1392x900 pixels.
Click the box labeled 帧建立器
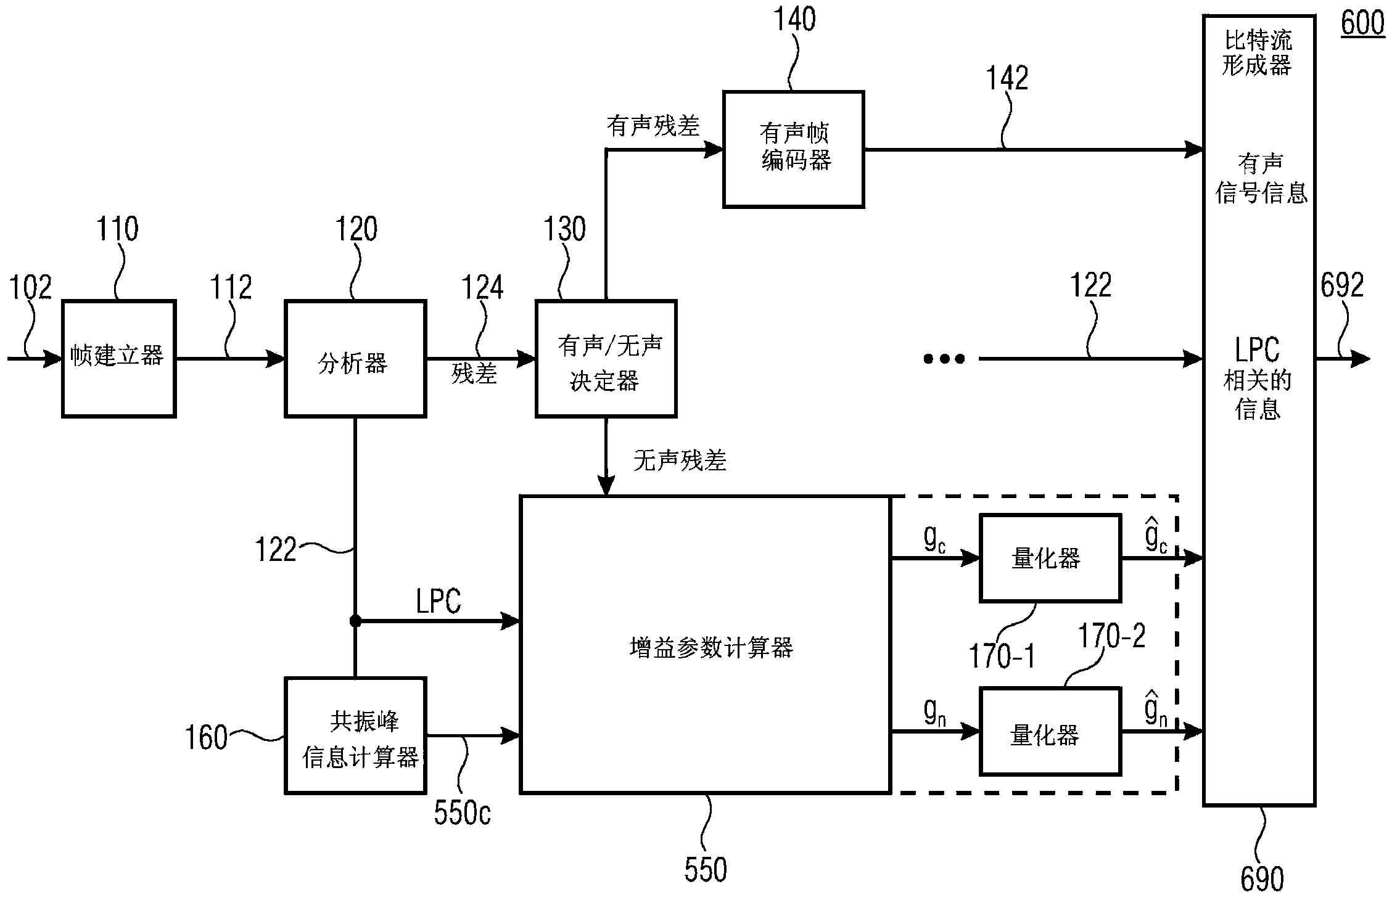pos(118,358)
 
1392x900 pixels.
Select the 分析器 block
pos(355,358)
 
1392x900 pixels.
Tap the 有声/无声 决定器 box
pos(606,358)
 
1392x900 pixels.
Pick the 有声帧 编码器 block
pos(793,149)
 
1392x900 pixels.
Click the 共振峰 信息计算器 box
pos(355,735)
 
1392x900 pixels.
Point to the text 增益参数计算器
pos(711,648)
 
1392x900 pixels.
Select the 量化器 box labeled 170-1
pos(1050,558)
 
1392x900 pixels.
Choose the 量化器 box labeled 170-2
pos(1050,732)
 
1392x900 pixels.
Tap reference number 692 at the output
pos(1341,285)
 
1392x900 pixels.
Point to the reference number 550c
pos(462,813)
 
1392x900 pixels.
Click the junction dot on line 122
pos(355,621)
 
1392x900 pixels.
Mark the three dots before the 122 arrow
pos(944,358)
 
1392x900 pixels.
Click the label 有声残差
pos(653,126)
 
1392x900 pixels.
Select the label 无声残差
pos(680,460)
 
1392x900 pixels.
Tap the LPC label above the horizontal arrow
pos(438,601)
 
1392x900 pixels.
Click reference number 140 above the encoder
pos(794,20)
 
